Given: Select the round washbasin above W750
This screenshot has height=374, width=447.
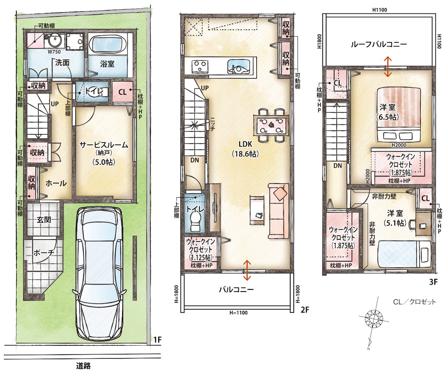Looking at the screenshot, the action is click(x=54, y=40).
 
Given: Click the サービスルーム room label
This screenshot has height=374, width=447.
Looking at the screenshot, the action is click(x=103, y=145).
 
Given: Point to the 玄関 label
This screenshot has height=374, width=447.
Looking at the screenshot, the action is click(x=44, y=219).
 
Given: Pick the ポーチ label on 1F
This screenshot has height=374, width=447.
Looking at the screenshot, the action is click(x=44, y=253).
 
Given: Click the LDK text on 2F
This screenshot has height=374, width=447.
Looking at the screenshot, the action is click(x=245, y=144).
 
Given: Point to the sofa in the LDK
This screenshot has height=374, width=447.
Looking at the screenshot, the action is click(x=278, y=211).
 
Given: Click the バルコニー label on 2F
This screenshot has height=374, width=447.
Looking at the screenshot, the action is click(x=236, y=289).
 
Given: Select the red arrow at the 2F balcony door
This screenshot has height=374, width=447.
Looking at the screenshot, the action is click(x=247, y=270).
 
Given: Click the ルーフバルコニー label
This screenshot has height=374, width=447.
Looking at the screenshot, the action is click(x=379, y=44).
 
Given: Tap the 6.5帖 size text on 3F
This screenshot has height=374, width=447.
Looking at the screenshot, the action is click(x=387, y=117).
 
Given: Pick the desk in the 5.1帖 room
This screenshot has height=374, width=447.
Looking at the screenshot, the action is click(x=423, y=223).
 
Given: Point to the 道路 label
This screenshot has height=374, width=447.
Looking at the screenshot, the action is click(x=84, y=365).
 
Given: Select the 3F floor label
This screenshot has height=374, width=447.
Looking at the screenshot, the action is click(x=433, y=282).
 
